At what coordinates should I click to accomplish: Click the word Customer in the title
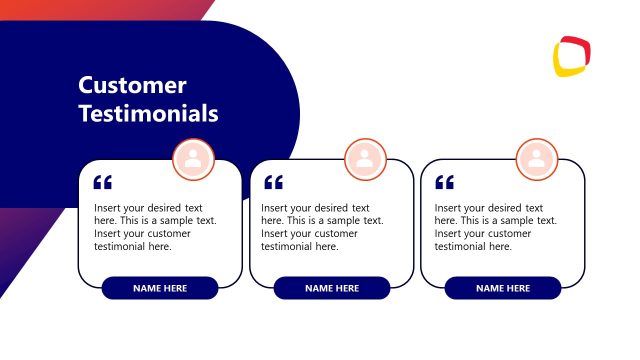132,86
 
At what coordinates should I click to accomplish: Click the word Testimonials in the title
148,114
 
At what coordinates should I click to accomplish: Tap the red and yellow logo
573,57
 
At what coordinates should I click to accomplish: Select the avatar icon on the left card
194,158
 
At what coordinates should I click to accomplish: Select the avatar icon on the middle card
365,158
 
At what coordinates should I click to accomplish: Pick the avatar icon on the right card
537,158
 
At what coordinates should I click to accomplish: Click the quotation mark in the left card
102,183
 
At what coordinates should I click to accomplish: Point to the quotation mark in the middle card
273,183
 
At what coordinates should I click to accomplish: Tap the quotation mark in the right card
445,183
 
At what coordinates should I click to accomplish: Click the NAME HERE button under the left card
160,288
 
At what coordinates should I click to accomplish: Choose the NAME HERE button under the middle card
332,288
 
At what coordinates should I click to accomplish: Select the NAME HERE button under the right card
503,288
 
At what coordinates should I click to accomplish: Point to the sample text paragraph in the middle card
322,227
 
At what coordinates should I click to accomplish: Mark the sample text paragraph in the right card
495,227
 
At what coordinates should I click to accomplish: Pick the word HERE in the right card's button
517,288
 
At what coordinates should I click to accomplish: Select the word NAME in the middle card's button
318,288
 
